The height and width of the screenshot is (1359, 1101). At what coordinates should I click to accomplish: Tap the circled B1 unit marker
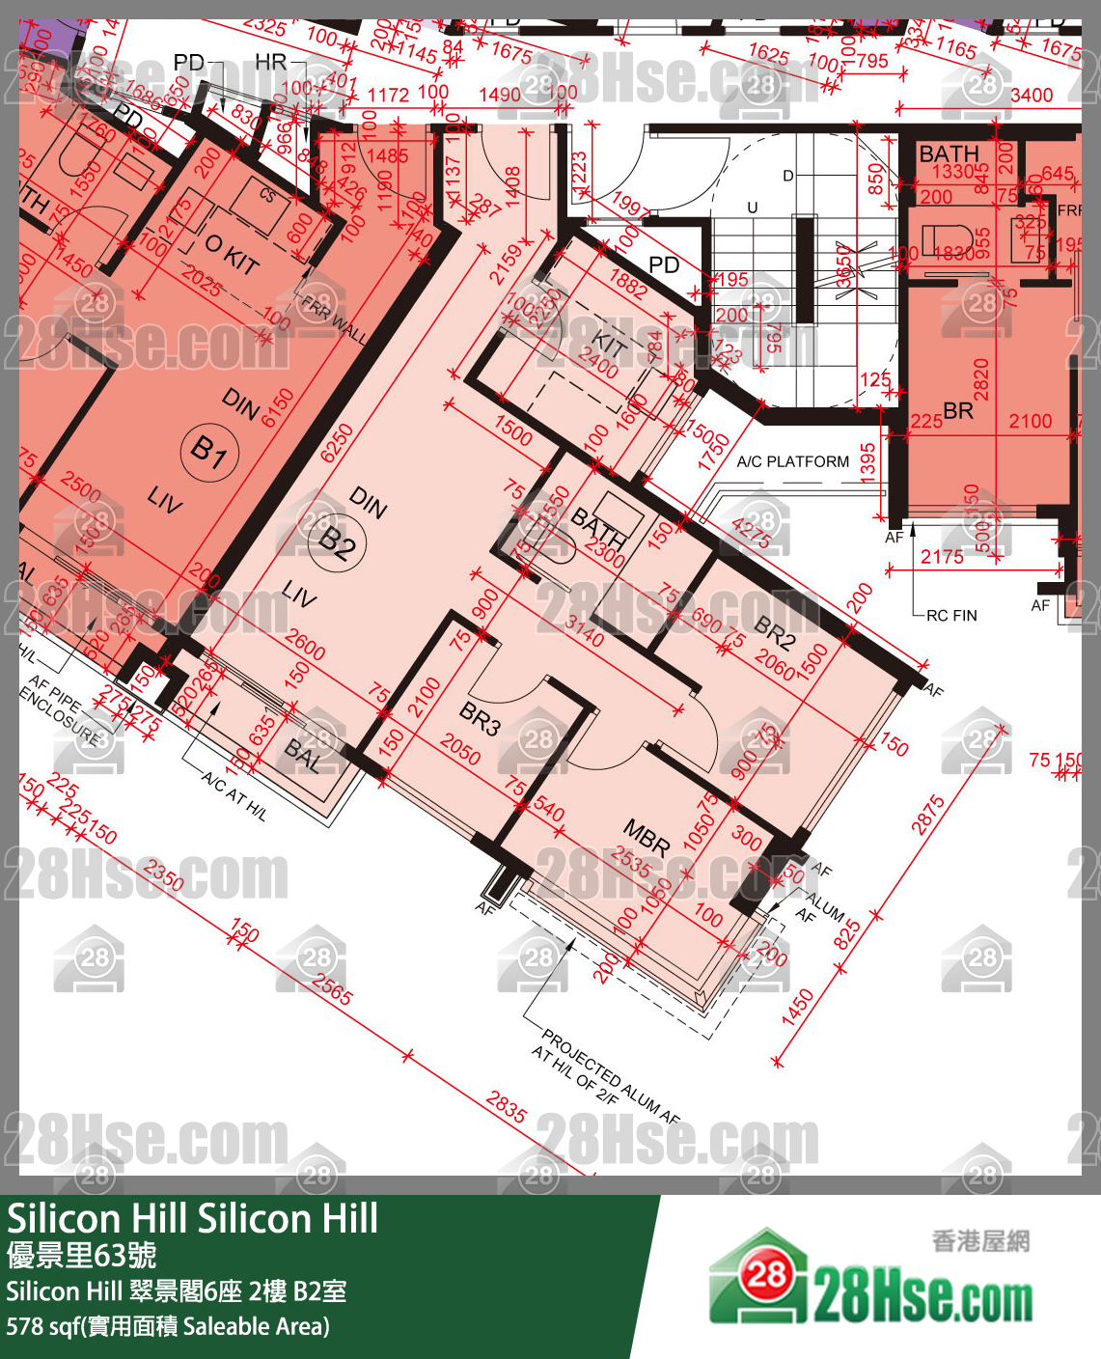(209, 451)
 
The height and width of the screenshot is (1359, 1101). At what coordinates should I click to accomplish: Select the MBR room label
(647, 835)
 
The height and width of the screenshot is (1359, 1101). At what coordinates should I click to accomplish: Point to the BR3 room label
(480, 718)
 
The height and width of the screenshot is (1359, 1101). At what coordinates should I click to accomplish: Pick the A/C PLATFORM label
(792, 461)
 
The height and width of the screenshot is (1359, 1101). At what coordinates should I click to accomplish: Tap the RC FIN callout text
(951, 615)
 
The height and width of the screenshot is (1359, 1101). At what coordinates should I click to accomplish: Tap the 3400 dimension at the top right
(1031, 95)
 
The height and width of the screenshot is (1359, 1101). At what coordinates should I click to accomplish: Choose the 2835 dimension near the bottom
(507, 1106)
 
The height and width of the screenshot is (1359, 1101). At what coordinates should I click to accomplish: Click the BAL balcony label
(303, 759)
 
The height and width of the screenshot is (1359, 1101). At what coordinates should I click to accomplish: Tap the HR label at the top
(271, 63)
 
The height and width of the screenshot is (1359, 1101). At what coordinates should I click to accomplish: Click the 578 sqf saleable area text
(168, 1326)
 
